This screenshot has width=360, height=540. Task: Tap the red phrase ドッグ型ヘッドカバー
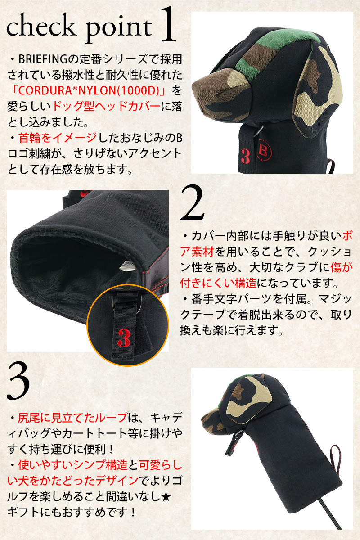coord(106,106)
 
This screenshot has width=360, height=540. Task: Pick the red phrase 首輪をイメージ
coord(58,138)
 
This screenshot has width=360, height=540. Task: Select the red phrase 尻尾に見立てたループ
coord(72,418)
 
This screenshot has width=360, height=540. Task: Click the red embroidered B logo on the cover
coord(264,150)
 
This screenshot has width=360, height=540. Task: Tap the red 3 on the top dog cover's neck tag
coord(245,156)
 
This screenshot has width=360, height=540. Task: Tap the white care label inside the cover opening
coord(127,265)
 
